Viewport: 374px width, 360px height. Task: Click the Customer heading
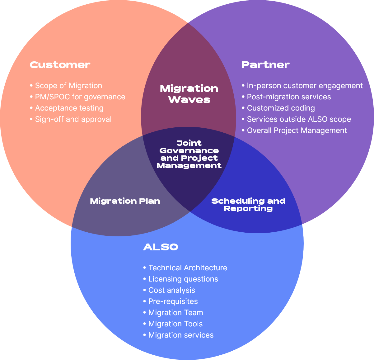pos(60,65)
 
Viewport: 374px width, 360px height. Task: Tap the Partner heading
pos(265,65)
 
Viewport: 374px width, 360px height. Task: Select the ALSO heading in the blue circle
pos(161,247)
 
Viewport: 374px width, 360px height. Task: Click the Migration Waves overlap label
pos(189,94)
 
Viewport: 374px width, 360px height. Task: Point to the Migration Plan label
pos(125,201)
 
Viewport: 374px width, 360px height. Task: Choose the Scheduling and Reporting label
pos(248,205)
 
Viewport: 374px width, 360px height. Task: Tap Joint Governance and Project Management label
pos(189,154)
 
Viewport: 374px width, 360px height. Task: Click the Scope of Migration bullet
pos(66,86)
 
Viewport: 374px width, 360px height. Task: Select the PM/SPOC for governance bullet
pos(77,97)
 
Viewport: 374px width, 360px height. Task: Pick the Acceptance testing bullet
pos(67,108)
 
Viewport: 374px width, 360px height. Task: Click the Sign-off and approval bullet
pos(71,119)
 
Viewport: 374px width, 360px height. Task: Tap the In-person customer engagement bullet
pos(302,86)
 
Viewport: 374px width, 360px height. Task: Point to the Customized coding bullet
pos(278,108)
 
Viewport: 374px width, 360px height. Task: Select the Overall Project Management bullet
pos(294,130)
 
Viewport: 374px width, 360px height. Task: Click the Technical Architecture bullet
pos(185,268)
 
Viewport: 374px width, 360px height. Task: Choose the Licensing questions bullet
pos(181,279)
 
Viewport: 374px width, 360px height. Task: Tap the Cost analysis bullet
pos(169,290)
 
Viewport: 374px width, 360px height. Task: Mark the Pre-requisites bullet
pos(171,301)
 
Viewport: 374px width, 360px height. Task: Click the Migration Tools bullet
pos(173,324)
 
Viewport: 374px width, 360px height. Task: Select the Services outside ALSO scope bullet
pos(296,119)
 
